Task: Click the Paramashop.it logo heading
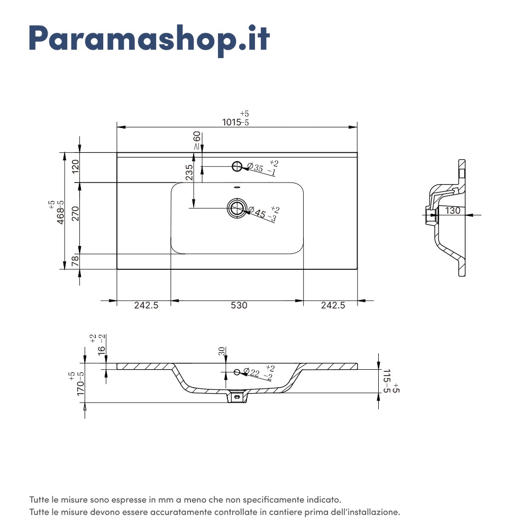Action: point(149,38)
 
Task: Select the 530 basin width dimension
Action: point(239,305)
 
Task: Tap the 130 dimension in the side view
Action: point(452,211)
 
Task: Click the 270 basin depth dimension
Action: point(75,213)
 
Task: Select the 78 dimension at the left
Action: point(75,260)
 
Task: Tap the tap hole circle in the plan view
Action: point(237,167)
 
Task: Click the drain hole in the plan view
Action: point(236,208)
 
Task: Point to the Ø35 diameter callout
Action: point(259,169)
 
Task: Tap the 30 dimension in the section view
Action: point(222,351)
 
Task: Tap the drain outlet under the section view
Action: point(237,397)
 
